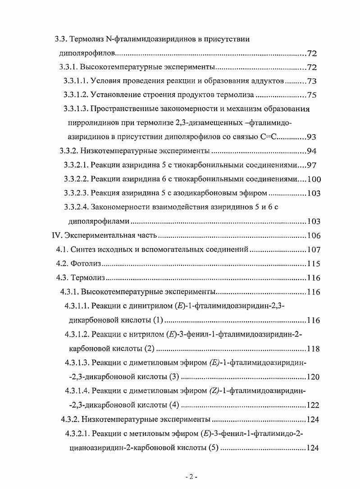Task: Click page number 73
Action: (x=312, y=81)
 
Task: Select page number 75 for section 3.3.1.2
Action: (x=312, y=95)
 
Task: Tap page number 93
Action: (x=312, y=137)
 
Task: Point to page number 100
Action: (x=314, y=179)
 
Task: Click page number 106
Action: (x=313, y=235)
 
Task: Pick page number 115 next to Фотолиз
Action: (x=313, y=263)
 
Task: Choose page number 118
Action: (x=313, y=349)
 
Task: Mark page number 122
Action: (x=313, y=405)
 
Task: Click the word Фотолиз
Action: (x=87, y=263)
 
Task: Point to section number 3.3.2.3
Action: (x=75, y=193)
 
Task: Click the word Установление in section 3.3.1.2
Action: (x=116, y=95)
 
